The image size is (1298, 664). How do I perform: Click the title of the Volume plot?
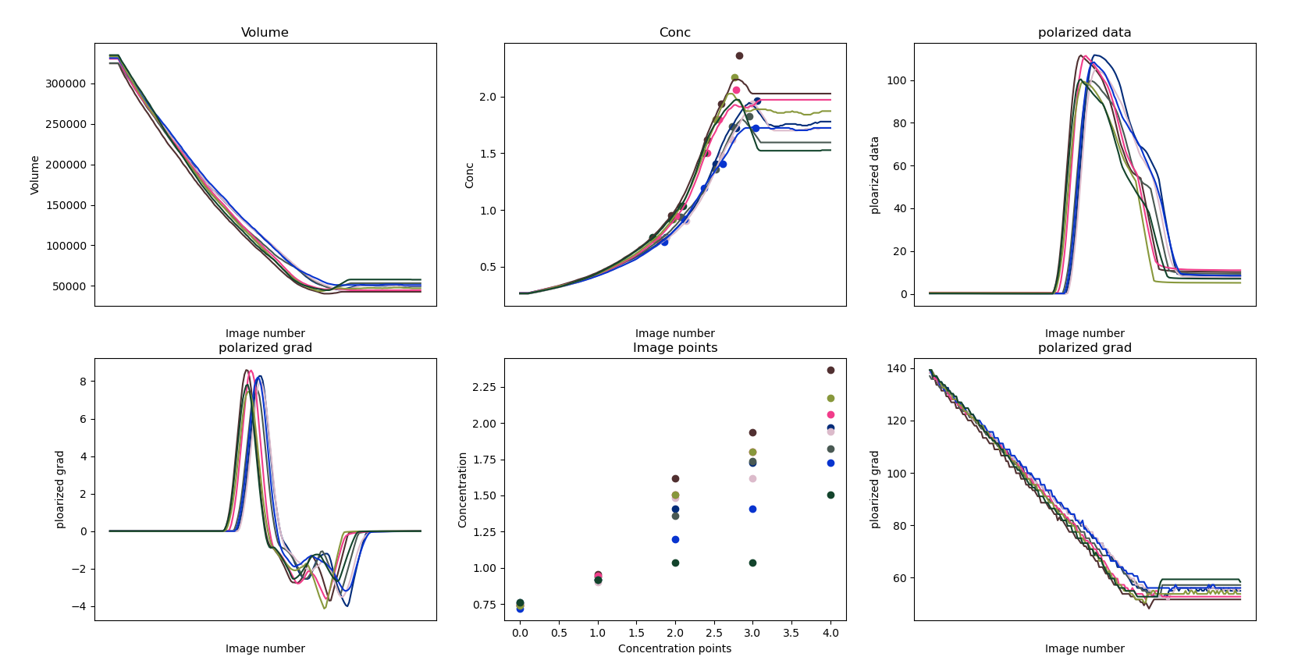coord(265,32)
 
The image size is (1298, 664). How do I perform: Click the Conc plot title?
coord(674,32)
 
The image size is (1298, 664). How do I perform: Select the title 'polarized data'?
coord(1084,32)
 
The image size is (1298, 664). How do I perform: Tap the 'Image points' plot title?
coord(674,347)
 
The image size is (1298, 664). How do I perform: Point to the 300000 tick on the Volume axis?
coord(66,83)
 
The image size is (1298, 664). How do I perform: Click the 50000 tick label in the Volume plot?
coord(69,286)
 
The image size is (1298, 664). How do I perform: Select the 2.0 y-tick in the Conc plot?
coord(487,97)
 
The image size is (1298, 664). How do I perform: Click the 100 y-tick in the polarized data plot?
coord(897,80)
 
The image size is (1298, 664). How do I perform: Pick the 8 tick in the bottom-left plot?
coord(83,382)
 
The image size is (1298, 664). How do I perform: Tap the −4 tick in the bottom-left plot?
coord(79,606)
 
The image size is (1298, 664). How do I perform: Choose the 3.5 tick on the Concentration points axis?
coord(791,633)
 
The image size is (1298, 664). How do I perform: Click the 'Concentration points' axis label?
coord(674,648)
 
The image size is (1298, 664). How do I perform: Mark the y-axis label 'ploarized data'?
coord(875,175)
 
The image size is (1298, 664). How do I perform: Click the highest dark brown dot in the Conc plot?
coord(739,55)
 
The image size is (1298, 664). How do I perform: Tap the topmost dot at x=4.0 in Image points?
coord(830,370)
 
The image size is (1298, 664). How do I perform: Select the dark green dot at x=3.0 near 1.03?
coord(752,563)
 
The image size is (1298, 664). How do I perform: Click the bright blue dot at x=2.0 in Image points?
coord(675,539)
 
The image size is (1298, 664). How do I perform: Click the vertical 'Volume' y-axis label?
coord(34,175)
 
